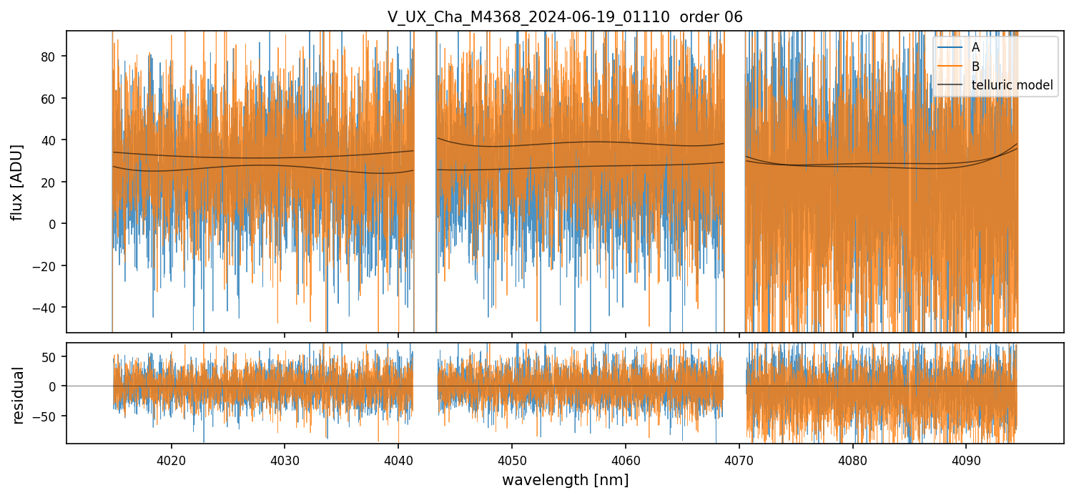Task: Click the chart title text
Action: (x=565, y=17)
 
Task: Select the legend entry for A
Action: (x=975, y=47)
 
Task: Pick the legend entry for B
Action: (x=975, y=67)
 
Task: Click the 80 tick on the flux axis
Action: (x=51, y=56)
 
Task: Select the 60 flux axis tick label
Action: (x=51, y=98)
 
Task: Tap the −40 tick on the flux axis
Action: (x=48, y=308)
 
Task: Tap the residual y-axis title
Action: (x=19, y=395)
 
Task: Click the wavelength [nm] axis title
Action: (x=565, y=480)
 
